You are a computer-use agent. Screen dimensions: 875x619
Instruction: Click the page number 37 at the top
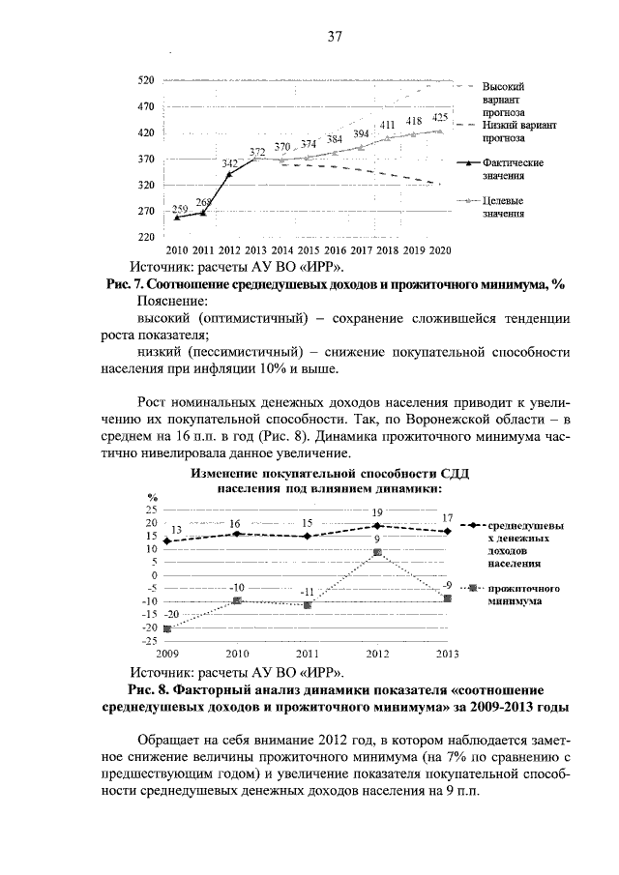(x=335, y=38)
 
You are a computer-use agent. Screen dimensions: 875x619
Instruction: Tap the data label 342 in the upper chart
(x=230, y=165)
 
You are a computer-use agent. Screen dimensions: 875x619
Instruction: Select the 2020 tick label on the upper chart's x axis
(x=440, y=249)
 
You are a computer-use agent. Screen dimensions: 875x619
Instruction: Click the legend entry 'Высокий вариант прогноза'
(x=503, y=99)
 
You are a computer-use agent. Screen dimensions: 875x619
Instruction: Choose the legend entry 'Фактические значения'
(x=512, y=169)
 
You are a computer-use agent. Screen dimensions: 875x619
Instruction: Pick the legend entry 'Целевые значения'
(x=503, y=207)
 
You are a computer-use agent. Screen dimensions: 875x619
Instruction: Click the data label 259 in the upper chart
(x=179, y=210)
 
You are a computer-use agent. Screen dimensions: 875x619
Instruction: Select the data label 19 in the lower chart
(x=377, y=511)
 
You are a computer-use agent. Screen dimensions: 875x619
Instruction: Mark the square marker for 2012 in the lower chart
(x=377, y=552)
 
